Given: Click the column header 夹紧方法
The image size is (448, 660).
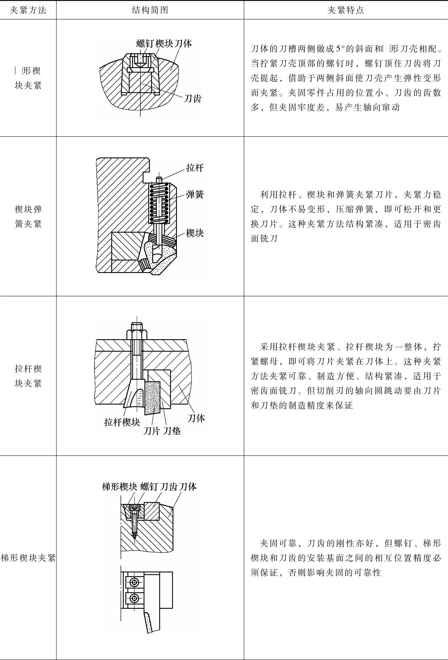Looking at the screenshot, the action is [x=28, y=10].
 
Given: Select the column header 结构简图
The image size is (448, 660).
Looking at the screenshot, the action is [x=150, y=10].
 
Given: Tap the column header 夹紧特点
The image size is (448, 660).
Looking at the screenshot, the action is [x=346, y=10].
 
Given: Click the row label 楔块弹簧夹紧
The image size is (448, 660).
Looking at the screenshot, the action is [x=28, y=217].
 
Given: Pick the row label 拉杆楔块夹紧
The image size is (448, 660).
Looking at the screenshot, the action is [x=28, y=376].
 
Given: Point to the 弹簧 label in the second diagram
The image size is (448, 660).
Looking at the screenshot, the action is [x=195, y=195].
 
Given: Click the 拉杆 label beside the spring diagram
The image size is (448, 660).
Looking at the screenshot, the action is [x=195, y=168].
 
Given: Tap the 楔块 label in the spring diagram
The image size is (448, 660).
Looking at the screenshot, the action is [x=195, y=233].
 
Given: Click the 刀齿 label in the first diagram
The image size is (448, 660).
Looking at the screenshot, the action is [x=192, y=99].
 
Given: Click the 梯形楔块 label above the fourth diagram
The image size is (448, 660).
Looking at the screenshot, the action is [x=119, y=487].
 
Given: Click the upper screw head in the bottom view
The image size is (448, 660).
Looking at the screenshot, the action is [x=134, y=582].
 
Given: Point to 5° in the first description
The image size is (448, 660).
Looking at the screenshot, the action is [x=340, y=49].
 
